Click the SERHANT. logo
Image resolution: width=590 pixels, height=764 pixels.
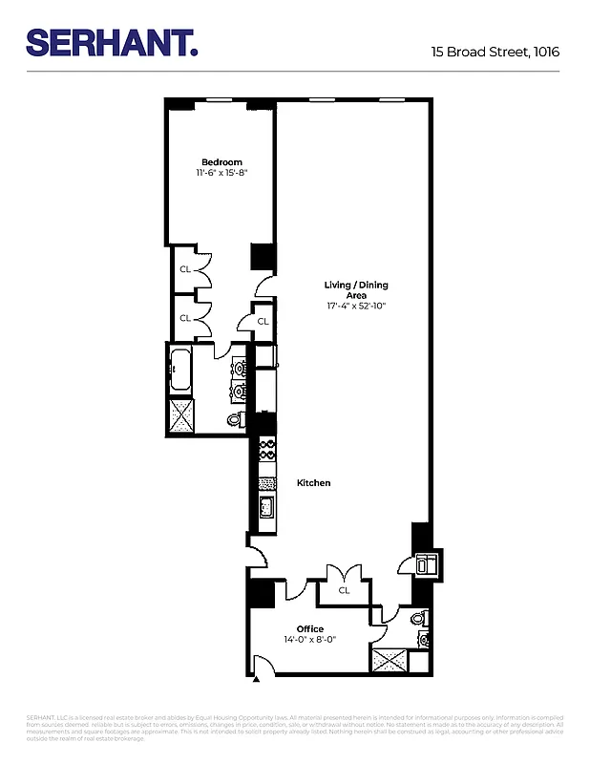pos(111,43)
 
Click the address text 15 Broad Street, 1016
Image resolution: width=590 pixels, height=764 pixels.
pos(495,53)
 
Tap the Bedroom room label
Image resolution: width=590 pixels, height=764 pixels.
pos(221,161)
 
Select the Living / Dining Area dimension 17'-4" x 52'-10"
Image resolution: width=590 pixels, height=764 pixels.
pos(356,307)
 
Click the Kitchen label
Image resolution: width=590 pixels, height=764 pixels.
pos(313,483)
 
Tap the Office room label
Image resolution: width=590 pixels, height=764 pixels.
pos(309,628)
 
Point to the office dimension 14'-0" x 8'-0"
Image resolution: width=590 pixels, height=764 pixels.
pos(309,640)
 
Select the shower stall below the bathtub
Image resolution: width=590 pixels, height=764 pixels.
pos(180,415)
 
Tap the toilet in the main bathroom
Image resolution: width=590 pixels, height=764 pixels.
pos(235,419)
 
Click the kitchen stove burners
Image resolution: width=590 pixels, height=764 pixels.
pos(267,450)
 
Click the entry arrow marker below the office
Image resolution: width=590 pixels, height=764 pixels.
pos(256,680)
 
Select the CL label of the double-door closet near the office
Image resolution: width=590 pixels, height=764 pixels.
pos(344,590)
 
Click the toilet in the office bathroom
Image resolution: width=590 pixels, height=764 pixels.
pos(418,619)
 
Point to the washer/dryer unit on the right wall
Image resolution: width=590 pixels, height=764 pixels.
pos(425,563)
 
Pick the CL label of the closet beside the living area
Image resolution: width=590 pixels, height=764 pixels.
pos(263,322)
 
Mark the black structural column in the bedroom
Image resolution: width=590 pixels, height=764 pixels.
pos(262,257)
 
